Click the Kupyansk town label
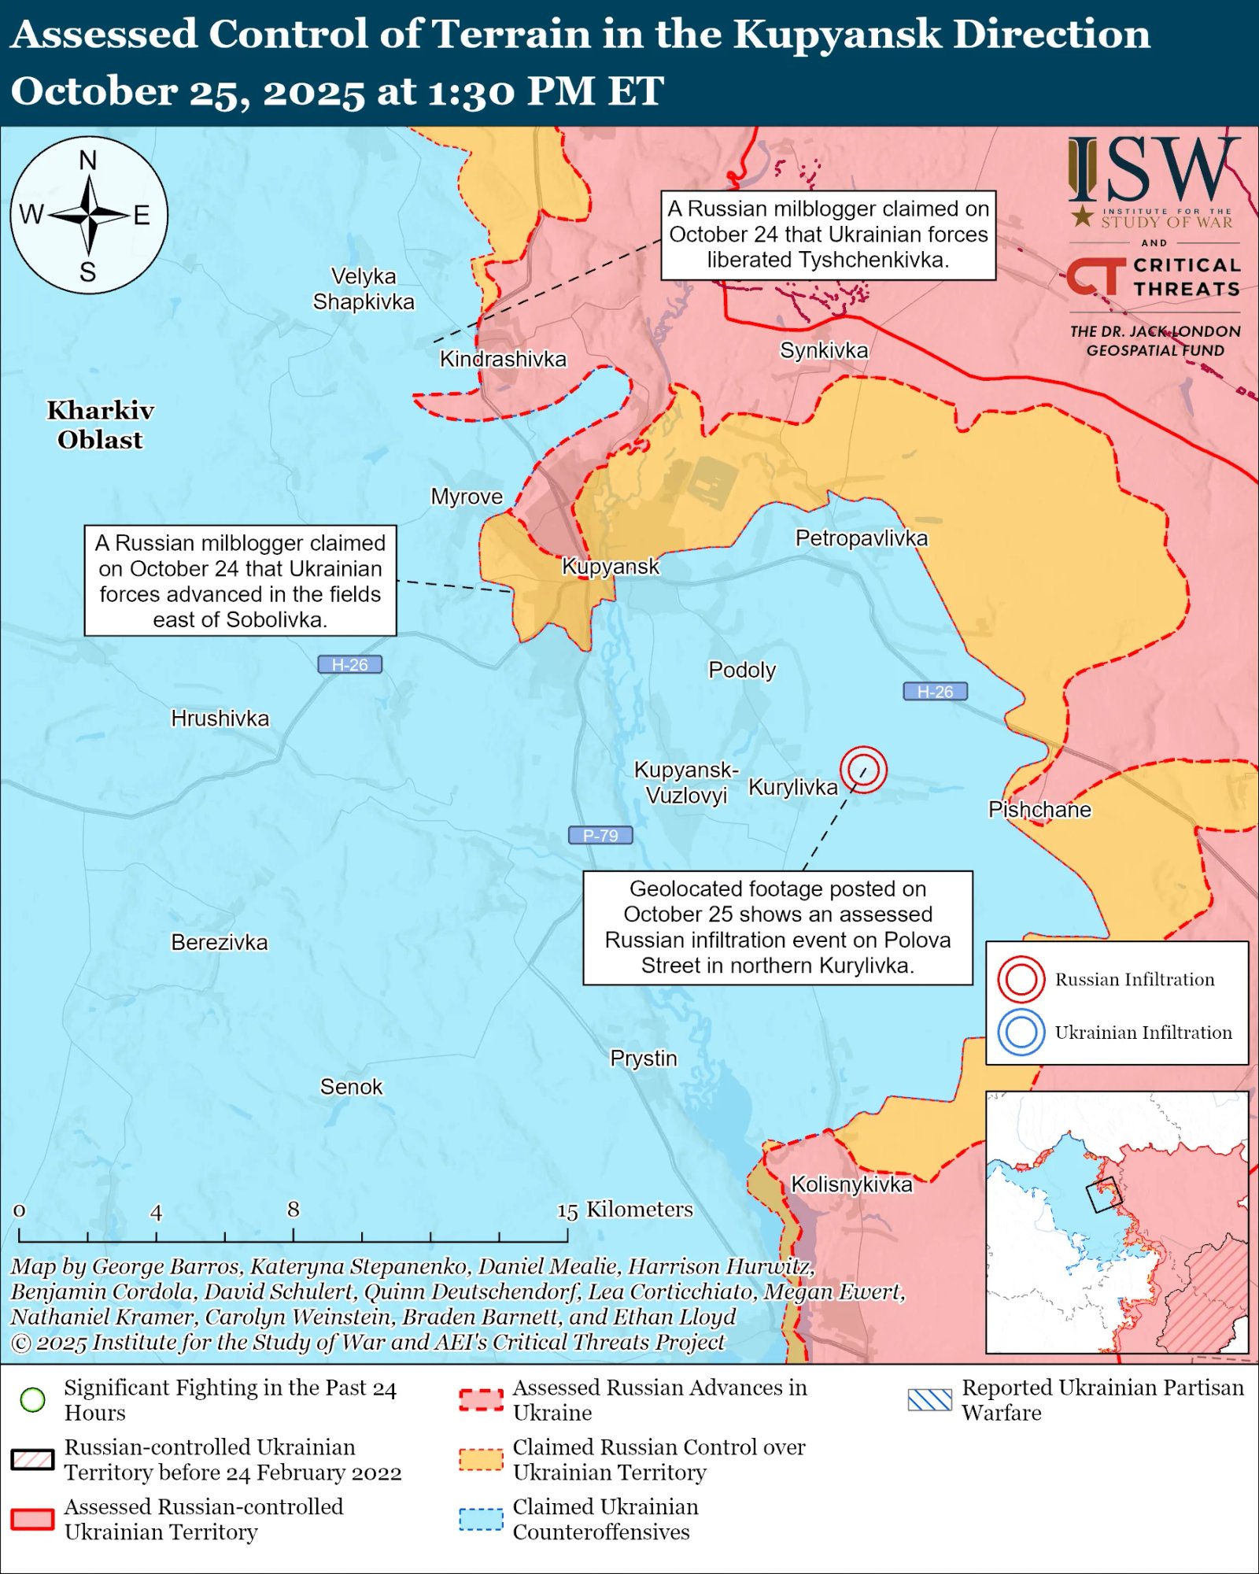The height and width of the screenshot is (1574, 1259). point(610,567)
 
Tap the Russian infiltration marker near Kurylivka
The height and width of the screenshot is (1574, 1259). point(863,770)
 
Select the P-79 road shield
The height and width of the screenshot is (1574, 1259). point(600,835)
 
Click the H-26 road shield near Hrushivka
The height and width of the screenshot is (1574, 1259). point(349,664)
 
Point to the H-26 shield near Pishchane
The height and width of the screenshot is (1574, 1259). point(935,691)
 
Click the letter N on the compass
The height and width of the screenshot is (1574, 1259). point(88,161)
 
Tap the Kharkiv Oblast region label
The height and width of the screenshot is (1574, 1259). point(100,425)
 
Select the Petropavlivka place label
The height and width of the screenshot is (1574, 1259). point(861,538)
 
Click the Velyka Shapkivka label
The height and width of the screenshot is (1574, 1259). point(363,289)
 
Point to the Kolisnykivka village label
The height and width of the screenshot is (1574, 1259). point(851,1184)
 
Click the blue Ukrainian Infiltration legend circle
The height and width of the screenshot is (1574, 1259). point(1021,1033)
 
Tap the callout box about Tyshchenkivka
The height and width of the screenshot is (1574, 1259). point(828,235)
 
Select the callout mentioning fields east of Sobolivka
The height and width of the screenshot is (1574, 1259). point(240,581)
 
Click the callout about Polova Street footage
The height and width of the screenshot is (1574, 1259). point(777,927)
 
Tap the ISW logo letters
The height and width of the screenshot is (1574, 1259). point(1154,169)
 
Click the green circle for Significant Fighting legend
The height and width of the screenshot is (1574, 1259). point(33,1399)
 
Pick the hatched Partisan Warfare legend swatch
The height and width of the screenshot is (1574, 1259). point(929,1399)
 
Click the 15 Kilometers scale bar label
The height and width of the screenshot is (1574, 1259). point(626,1210)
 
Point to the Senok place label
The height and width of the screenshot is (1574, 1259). point(351,1087)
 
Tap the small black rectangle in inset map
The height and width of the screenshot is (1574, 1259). point(1103,1195)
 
